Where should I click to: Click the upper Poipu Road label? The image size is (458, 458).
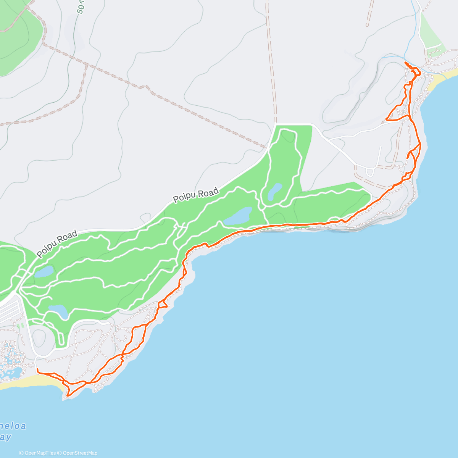196,195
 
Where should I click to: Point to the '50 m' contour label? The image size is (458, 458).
80,7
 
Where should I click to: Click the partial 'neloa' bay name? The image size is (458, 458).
13,426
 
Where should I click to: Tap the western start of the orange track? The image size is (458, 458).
37,369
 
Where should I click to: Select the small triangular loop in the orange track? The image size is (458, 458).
162,304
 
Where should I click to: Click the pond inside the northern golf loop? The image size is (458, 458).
275,192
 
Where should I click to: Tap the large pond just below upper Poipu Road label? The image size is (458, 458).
238,216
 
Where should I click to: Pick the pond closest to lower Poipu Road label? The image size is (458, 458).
44,271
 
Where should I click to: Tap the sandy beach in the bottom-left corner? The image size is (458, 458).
31,381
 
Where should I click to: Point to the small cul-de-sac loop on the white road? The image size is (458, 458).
369,172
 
